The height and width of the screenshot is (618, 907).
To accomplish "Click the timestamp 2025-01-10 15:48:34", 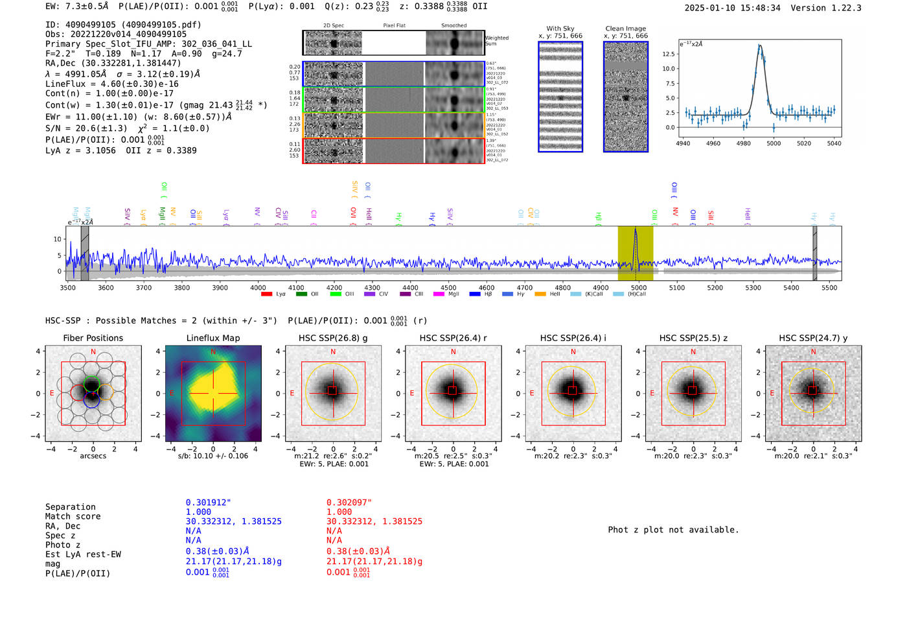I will coord(732,8).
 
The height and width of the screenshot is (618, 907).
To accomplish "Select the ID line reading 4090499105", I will coord(123,25).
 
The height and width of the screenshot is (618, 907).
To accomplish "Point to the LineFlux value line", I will coord(111,84).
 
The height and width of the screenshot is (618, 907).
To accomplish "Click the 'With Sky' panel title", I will coord(560,29).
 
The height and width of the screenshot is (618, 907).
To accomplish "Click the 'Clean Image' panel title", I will coord(625,29).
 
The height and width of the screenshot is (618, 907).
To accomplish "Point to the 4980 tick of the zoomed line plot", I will coord(743,143).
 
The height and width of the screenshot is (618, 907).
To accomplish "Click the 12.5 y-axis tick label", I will coord(668,54).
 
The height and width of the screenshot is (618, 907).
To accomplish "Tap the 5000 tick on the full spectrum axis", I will coord(639,287).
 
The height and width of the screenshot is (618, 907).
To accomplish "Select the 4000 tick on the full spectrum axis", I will coord(258,287).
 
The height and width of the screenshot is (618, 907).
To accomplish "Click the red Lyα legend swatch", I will coord(266,294).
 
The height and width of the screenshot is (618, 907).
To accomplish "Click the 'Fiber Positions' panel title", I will coord(93,338).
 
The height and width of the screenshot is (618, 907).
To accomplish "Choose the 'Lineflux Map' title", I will coord(213,338).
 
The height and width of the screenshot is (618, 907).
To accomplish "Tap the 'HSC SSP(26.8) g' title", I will coord(333,338).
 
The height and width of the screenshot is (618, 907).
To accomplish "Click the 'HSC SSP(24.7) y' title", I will coord(813,338).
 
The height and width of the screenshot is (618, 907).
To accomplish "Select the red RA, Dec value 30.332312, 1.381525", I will coord(374,521).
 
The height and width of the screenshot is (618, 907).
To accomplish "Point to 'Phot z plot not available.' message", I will coord(673,530).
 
